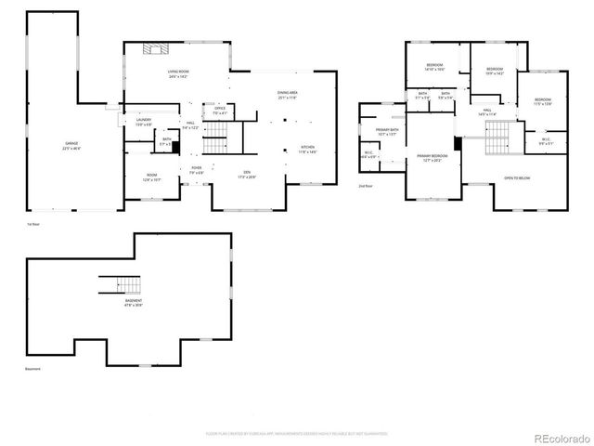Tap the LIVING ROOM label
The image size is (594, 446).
(x=178, y=74)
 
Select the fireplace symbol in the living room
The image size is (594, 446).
(x=155, y=50)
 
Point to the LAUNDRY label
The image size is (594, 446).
(x=143, y=121)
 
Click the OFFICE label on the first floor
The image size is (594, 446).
(x=220, y=111)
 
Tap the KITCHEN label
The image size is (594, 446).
(x=307, y=149)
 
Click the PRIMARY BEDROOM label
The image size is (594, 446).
(x=432, y=157)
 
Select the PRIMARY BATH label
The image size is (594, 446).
(x=385, y=132)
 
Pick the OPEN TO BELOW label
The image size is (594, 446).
(x=517, y=177)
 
